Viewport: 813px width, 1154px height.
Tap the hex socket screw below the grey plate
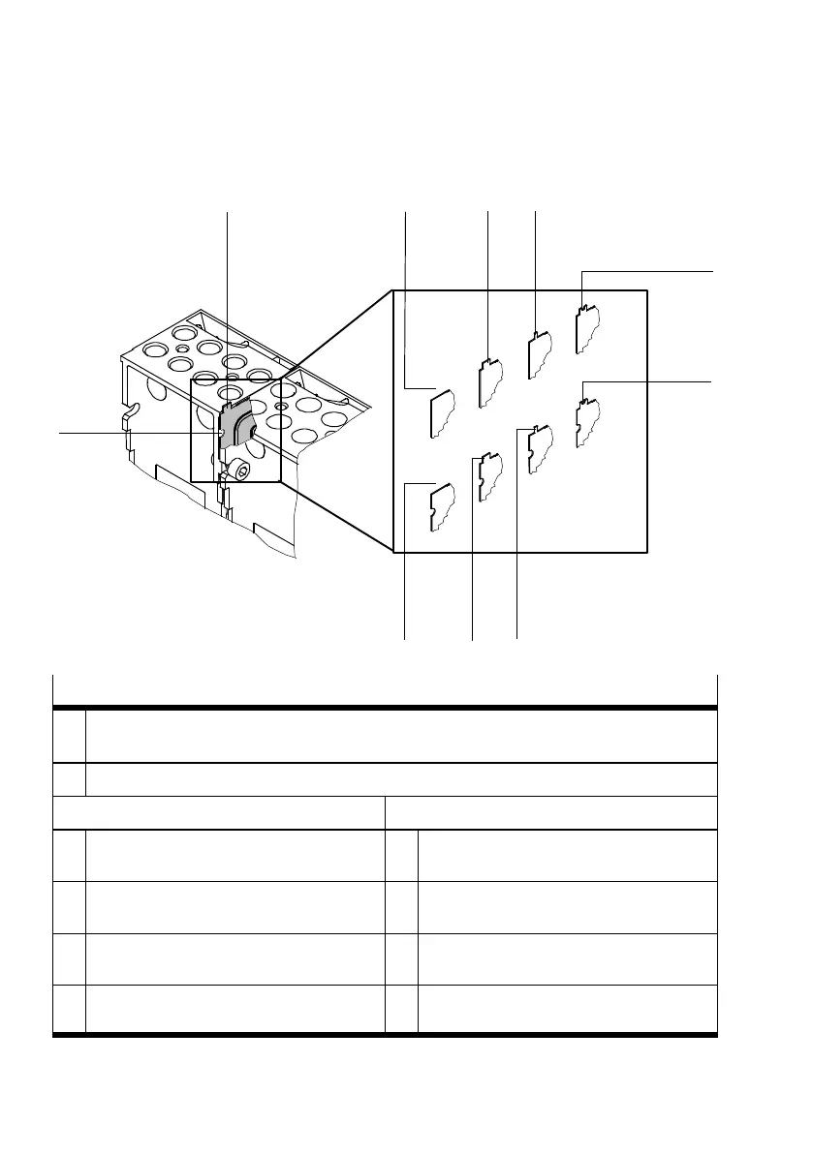coord(240,471)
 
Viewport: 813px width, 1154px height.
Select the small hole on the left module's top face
coord(181,347)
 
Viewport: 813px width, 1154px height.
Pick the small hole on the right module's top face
coord(280,408)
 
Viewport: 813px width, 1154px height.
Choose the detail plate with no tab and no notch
coord(442,410)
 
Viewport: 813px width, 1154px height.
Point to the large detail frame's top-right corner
coord(646,290)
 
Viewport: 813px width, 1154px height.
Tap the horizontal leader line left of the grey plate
coord(136,433)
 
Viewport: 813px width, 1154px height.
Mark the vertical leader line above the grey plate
coord(227,290)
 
